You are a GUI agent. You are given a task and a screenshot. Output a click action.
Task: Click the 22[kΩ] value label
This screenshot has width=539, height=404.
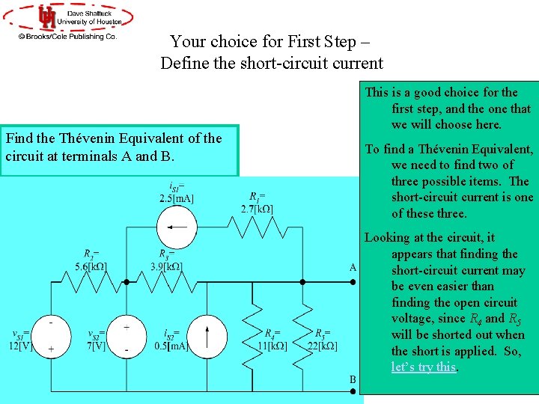(326, 345)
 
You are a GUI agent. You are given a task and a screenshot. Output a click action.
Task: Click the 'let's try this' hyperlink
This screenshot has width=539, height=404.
(424, 367)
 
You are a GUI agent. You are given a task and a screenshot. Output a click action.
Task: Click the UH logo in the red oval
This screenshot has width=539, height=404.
(47, 16)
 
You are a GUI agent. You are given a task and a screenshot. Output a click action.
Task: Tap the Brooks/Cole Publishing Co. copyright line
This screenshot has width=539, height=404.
(67, 35)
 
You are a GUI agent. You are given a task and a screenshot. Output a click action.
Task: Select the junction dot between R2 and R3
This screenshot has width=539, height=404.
(127, 282)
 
